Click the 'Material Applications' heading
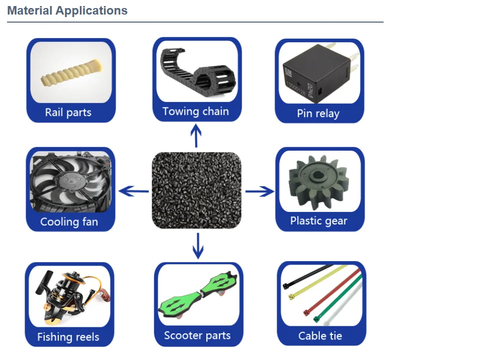tap(67, 11)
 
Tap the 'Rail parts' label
tap(68, 112)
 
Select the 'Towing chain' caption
tap(195, 111)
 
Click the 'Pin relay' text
tap(318, 113)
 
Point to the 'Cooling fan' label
tap(69, 221)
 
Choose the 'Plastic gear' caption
tap(319, 220)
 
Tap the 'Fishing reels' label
tap(68, 337)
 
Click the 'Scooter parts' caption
tap(197, 335)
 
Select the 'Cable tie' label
tap(320, 335)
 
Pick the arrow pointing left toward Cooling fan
tap(134, 191)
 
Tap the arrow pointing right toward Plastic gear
tap(260, 191)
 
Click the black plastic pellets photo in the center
tap(196, 190)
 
